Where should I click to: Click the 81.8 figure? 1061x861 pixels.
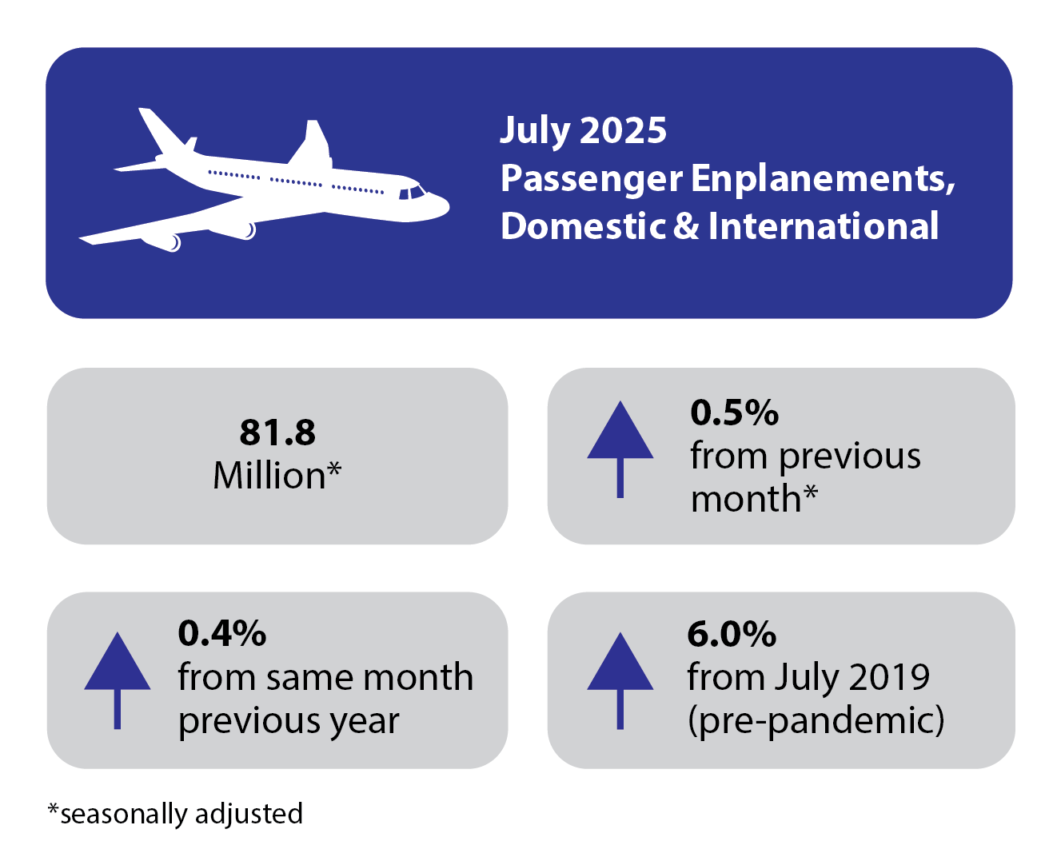coord(277,432)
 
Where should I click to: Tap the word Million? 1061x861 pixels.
coord(269,476)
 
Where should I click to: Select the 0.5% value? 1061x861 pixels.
coord(734,413)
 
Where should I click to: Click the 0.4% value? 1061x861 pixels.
coord(221,633)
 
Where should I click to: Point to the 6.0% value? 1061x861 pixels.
coord(731,634)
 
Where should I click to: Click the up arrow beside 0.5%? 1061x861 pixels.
coord(620,448)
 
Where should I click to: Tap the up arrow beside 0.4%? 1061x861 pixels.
coord(118,679)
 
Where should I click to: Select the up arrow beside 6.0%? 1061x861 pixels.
coord(620,679)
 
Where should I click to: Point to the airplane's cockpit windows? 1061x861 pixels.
coord(412,193)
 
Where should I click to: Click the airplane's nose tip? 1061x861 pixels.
coord(446,206)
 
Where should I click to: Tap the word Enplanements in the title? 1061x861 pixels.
coord(823,178)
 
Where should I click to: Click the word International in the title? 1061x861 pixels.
coord(823,226)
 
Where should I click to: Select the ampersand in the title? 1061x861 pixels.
coord(686,226)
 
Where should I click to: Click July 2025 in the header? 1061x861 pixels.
coord(583,130)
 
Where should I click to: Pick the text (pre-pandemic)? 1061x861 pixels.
coord(816,720)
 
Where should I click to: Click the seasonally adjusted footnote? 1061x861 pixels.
coord(175,814)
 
